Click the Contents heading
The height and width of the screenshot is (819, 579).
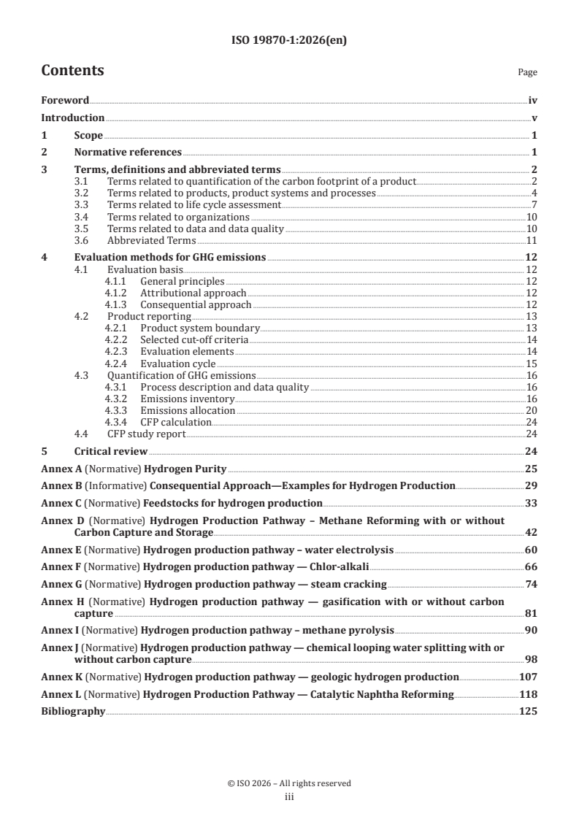tap(72, 71)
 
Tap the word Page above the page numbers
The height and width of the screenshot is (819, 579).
tap(527, 72)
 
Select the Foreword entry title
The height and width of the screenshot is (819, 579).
tap(65, 100)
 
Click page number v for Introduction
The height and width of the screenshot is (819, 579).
tap(534, 118)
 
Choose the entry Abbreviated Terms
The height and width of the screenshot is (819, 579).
tap(151, 240)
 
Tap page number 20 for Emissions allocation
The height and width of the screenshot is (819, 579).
tap(532, 411)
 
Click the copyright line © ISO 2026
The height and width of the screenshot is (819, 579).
tap(289, 783)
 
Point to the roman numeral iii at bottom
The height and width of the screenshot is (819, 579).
tap(289, 797)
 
